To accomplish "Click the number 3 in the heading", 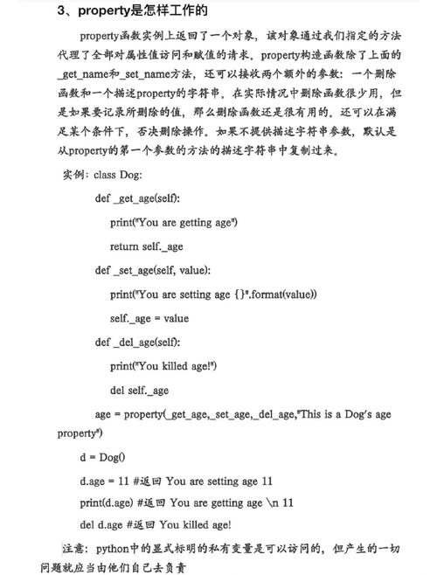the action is tap(60, 11).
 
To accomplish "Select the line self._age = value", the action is tap(149, 318).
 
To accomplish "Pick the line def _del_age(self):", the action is tap(137, 342).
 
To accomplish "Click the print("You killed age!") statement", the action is tap(163, 366).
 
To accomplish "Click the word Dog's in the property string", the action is tap(354, 414).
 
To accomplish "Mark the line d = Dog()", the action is tap(103, 456).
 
